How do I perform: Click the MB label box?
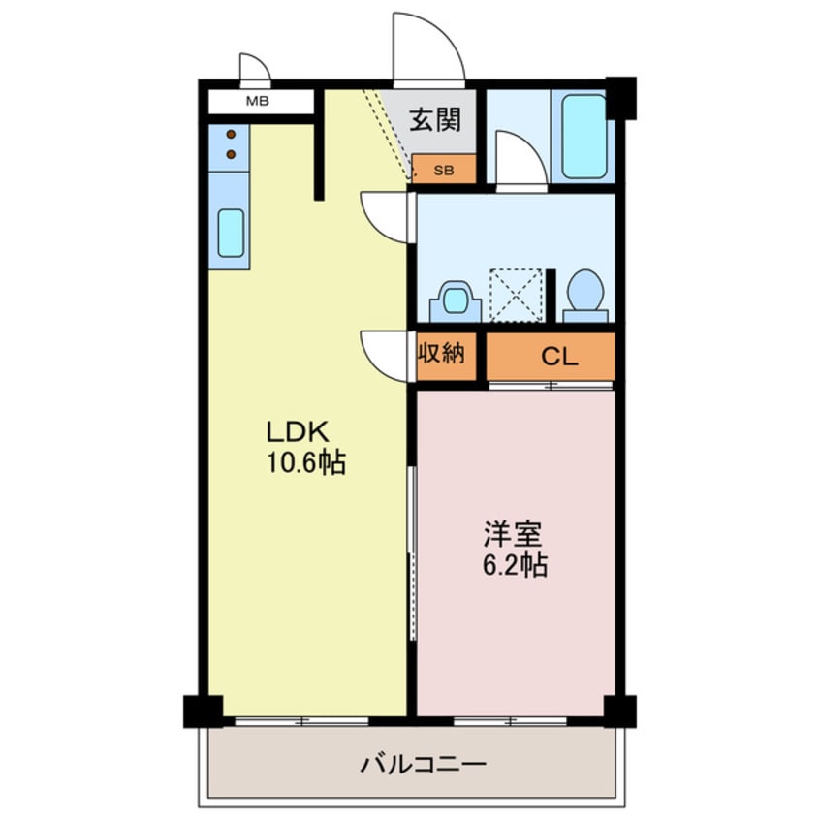pyautogui.click(x=258, y=101)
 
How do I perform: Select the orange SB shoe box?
pyautogui.click(x=443, y=170)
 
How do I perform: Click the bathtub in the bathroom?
pyautogui.click(x=584, y=136)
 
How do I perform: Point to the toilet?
pyautogui.click(x=585, y=294)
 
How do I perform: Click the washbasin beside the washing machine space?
pyautogui.click(x=453, y=300)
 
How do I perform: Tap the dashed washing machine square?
pyautogui.click(x=517, y=293)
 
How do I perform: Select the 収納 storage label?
pyautogui.click(x=442, y=355)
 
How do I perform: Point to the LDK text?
pyautogui.click(x=300, y=431)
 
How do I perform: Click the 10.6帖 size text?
pyautogui.click(x=307, y=463)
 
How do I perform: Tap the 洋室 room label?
pyautogui.click(x=514, y=534)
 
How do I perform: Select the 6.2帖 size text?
pyautogui.click(x=515, y=565)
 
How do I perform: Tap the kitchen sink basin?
pyautogui.click(x=231, y=233)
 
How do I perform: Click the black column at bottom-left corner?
pyautogui.click(x=202, y=711)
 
